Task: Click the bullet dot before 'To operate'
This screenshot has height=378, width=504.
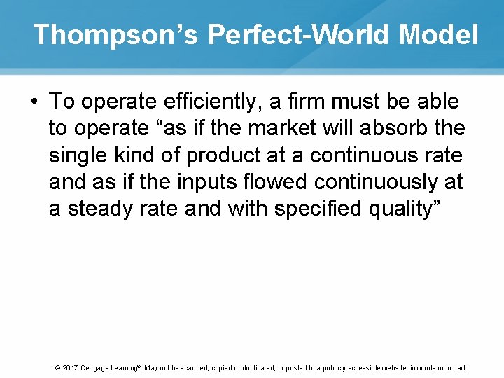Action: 34,102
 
